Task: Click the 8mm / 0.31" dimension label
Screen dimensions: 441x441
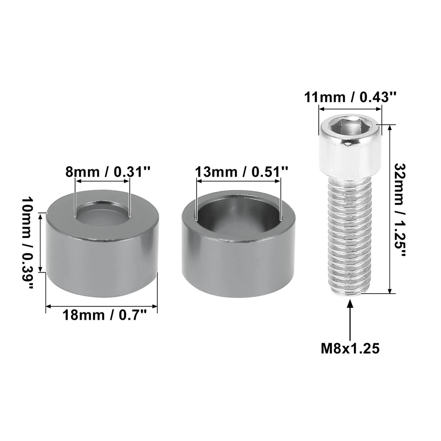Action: (x=108, y=172)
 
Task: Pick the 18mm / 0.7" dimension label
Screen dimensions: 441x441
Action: (x=104, y=315)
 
